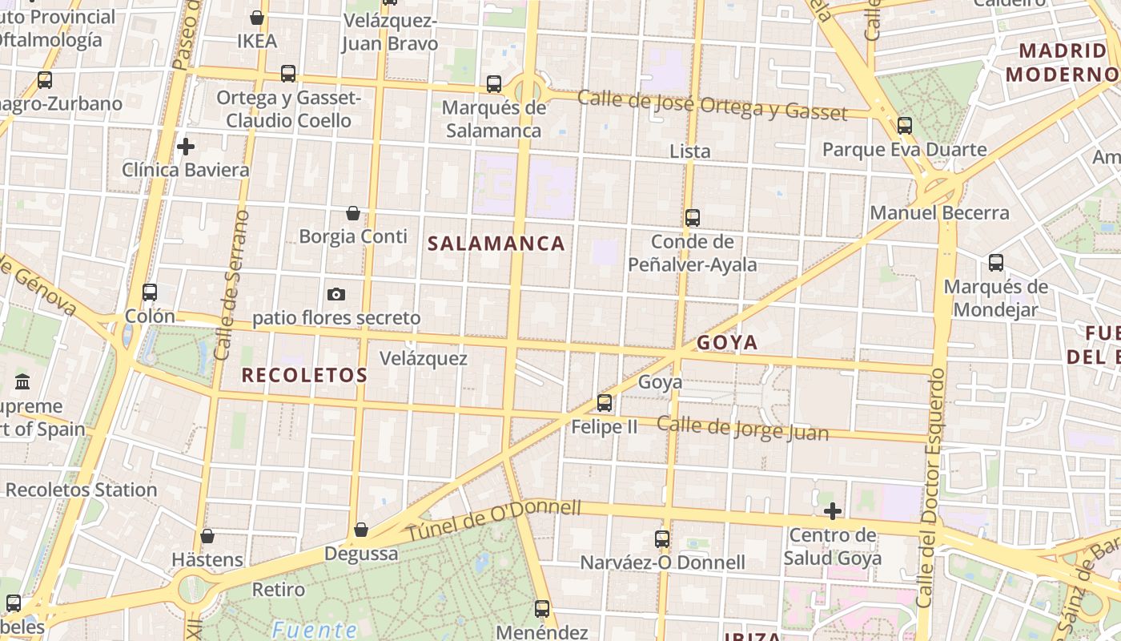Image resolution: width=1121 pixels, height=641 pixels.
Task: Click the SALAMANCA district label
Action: tap(496, 244)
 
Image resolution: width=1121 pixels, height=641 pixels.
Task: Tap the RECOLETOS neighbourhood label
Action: tap(304, 375)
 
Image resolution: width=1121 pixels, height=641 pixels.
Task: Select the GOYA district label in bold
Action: tap(727, 343)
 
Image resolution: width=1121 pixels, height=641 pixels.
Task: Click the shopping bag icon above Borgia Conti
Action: tap(352, 213)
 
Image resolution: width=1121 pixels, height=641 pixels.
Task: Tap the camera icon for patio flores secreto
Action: tap(336, 294)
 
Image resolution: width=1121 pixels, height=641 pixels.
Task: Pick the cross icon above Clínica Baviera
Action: tap(186, 147)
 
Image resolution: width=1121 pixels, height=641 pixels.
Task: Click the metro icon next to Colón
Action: tap(150, 292)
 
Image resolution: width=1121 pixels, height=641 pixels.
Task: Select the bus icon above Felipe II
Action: tap(605, 402)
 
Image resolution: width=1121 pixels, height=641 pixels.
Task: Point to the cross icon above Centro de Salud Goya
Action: tap(833, 510)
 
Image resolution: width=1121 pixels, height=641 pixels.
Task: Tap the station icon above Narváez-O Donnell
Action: tap(662, 538)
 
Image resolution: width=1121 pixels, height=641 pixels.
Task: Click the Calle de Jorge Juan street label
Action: tap(742, 428)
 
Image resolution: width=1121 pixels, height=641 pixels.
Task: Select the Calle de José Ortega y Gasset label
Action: tap(711, 104)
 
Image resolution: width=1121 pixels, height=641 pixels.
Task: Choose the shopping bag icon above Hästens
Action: tap(207, 535)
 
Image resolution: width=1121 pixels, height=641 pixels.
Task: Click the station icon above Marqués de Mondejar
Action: tap(996, 262)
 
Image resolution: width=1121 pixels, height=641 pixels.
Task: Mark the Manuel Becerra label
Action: tap(939, 213)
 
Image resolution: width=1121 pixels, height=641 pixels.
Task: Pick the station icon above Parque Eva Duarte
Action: tap(905, 126)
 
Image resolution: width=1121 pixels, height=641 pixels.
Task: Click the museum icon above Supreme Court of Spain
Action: tap(22, 381)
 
